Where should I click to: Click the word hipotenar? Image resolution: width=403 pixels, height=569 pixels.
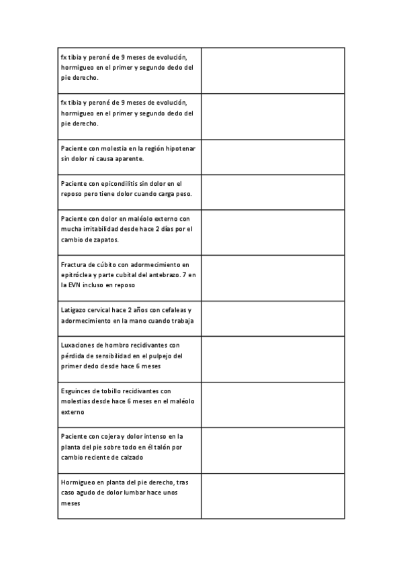pos(181,148)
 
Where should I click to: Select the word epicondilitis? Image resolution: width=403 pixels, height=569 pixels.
pos(112,183)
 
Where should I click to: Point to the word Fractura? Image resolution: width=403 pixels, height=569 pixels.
pos(73,264)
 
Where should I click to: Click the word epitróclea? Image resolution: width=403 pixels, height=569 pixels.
pos(77,274)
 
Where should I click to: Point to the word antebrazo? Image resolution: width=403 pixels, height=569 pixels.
pos(164,274)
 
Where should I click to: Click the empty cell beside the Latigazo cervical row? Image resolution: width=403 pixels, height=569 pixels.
pos(273,315)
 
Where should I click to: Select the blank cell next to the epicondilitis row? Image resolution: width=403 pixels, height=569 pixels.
pos(273,189)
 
